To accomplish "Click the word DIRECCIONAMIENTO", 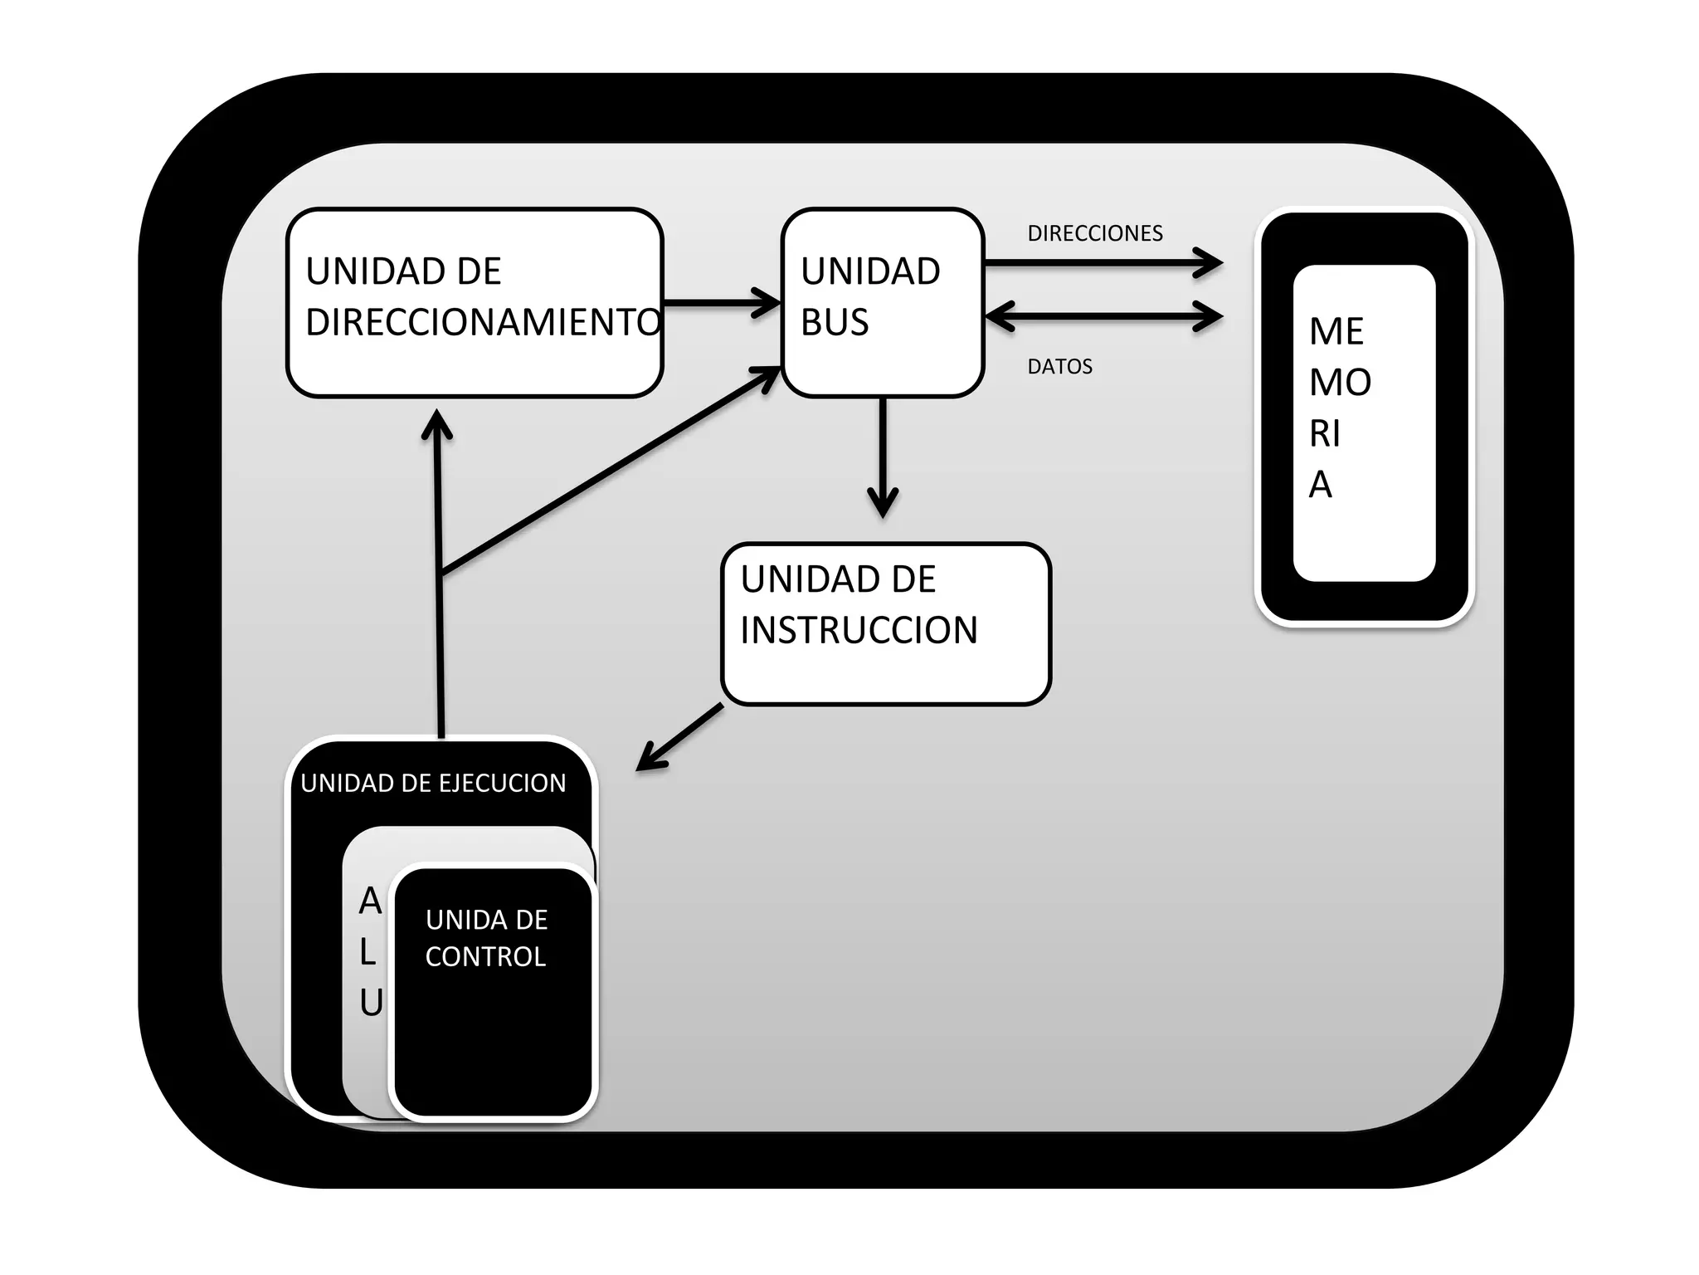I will click(483, 322).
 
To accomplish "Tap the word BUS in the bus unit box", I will click(834, 322).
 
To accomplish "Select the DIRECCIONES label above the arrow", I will click(1094, 233).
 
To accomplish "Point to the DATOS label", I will click(1059, 367).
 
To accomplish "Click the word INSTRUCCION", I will click(859, 630).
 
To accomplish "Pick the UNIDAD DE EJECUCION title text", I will click(433, 784).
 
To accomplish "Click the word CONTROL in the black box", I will click(485, 957).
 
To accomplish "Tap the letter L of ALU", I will click(368, 953).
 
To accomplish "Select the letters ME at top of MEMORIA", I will click(1336, 332).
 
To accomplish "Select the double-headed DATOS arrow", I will click(1103, 316).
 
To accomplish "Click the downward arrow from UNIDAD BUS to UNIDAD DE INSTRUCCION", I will click(883, 457).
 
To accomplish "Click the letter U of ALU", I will click(371, 1004).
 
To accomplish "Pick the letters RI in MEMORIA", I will click(1324, 434).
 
